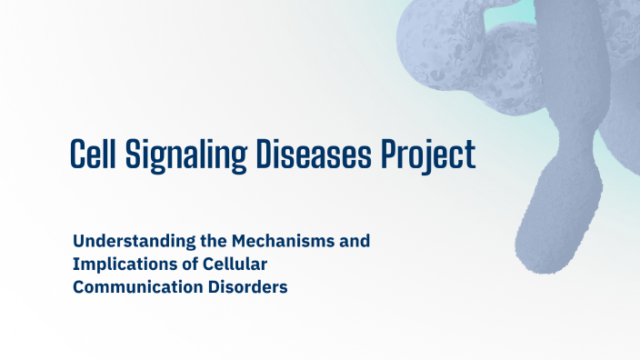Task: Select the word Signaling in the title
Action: point(187,155)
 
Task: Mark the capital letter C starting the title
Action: point(77,154)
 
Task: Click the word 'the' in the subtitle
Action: point(209,242)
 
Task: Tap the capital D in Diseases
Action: point(263,154)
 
